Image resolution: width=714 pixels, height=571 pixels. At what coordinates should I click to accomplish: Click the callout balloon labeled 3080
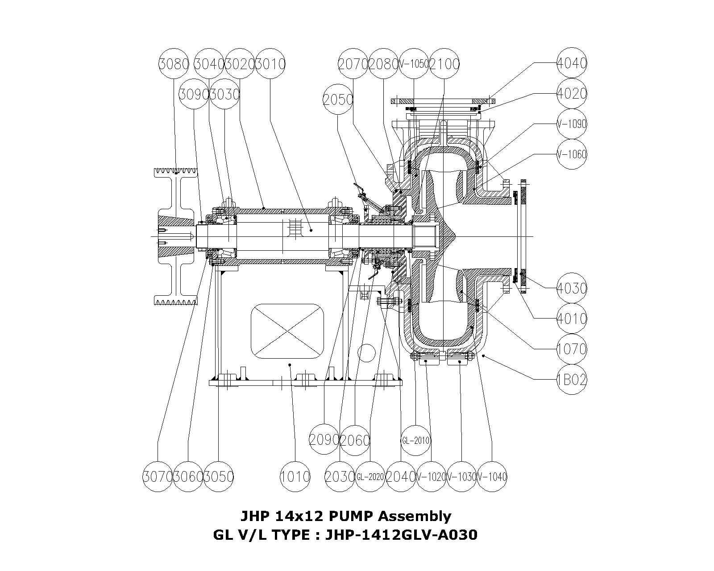click(x=174, y=64)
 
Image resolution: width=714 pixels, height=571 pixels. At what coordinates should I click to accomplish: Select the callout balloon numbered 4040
click(x=572, y=63)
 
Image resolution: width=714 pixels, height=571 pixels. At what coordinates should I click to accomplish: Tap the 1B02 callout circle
click(x=572, y=380)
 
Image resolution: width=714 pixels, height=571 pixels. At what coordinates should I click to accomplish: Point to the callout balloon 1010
click(x=295, y=476)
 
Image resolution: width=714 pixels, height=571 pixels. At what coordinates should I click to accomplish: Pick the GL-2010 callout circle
click(x=415, y=440)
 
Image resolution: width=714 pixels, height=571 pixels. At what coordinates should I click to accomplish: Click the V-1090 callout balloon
click(x=572, y=124)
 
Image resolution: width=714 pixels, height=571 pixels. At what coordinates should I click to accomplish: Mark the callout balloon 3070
click(x=158, y=476)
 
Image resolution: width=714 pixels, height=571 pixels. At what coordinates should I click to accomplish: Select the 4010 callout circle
click(x=572, y=319)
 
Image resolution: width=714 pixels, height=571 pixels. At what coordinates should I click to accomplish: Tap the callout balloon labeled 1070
click(x=572, y=348)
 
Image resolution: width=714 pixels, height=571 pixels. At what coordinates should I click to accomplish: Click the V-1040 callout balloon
click(x=492, y=476)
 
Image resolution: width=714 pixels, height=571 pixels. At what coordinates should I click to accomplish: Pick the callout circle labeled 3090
click(x=194, y=94)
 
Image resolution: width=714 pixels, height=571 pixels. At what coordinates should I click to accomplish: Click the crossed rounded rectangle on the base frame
click(x=287, y=331)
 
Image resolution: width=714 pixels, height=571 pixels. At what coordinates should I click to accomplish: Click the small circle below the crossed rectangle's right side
click(x=366, y=353)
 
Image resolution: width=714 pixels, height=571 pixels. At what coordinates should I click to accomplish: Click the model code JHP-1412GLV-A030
click(x=401, y=534)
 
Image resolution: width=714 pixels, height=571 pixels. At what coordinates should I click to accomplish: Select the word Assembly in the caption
click(x=415, y=516)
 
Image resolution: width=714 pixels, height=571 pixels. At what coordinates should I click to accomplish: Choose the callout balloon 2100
click(x=444, y=64)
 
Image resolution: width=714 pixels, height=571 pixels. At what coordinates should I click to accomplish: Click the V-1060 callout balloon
click(x=572, y=154)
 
